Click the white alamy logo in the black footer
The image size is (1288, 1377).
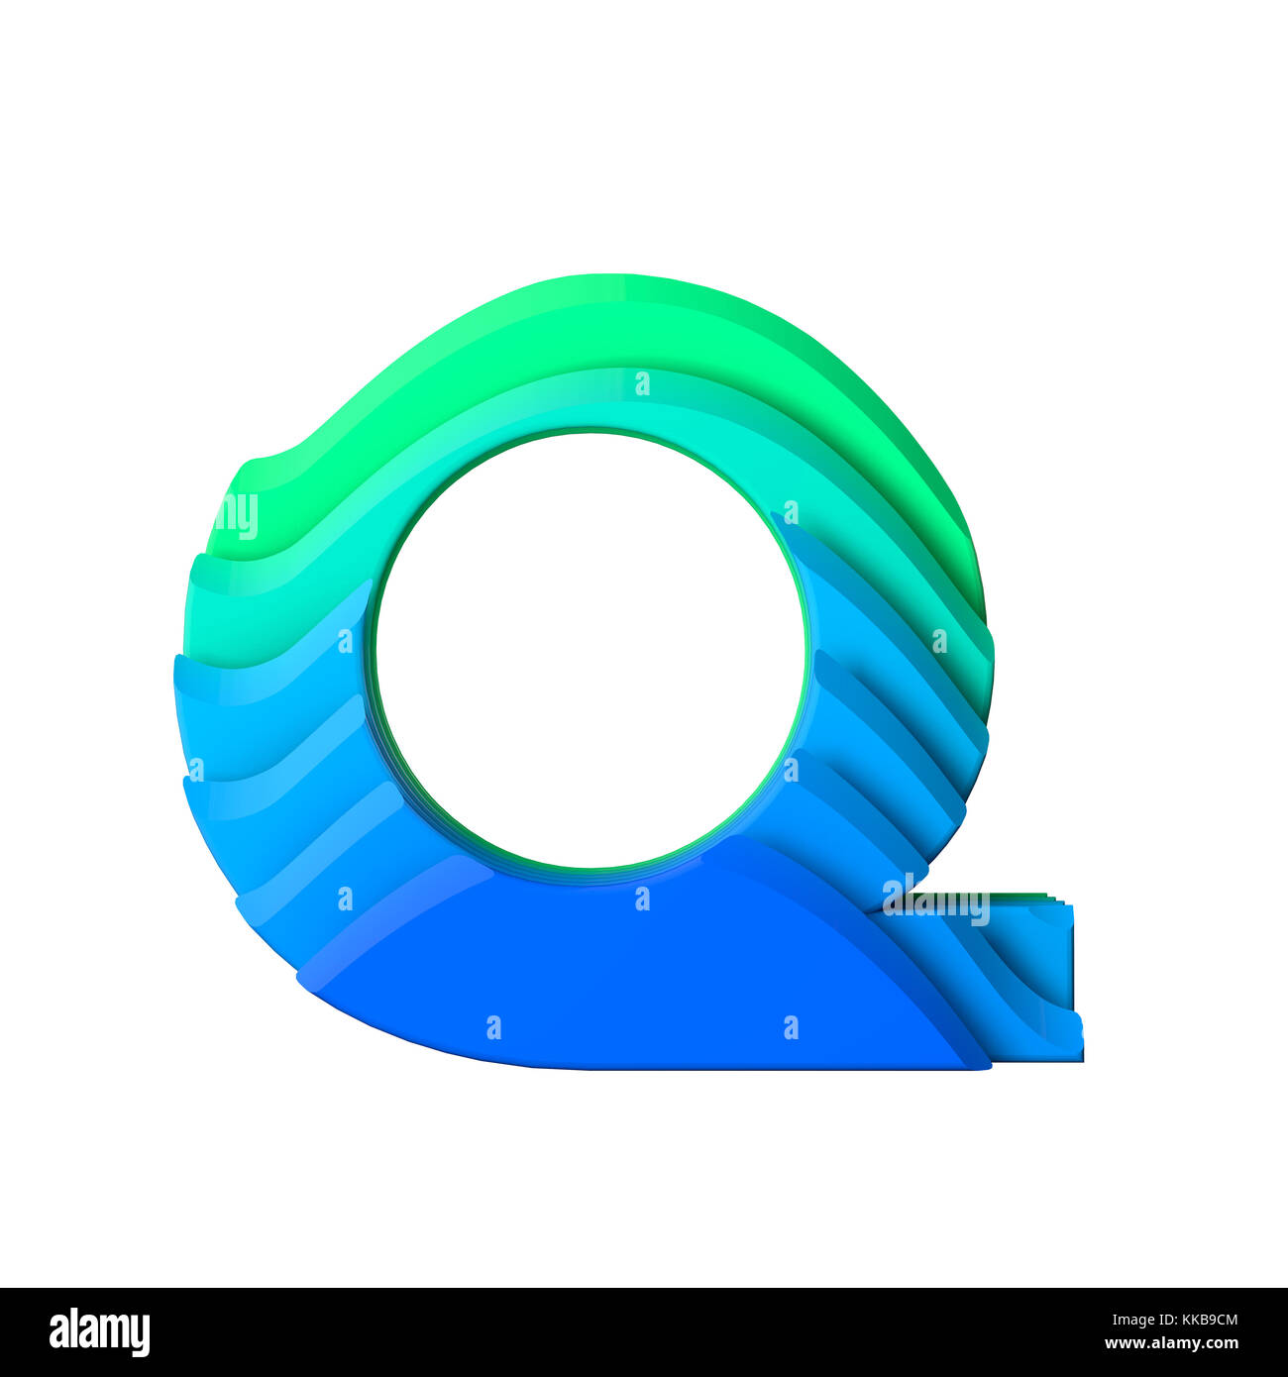(99, 1332)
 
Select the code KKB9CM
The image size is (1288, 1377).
(1200, 1320)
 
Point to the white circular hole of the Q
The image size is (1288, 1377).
(590, 649)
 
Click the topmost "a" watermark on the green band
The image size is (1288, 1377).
(642, 383)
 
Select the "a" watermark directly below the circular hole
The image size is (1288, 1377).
(642, 898)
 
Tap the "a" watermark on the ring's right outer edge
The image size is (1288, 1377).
(938, 641)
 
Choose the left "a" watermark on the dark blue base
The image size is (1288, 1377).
(493, 1026)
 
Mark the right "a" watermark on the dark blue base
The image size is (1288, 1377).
(791, 1026)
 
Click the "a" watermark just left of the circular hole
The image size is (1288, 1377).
(345, 641)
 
